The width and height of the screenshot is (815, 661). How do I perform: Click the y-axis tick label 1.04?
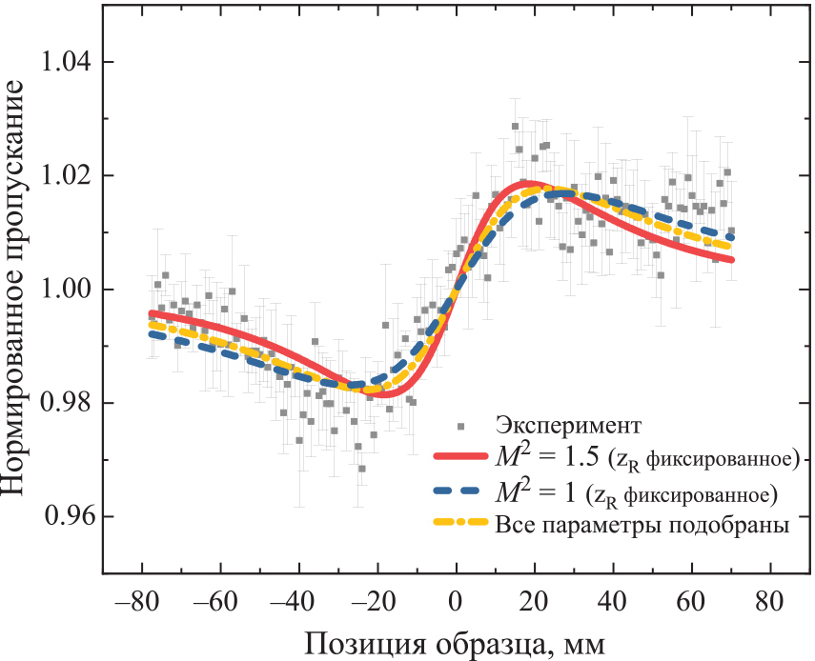click(x=65, y=63)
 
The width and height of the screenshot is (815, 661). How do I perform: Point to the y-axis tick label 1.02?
click(x=65, y=176)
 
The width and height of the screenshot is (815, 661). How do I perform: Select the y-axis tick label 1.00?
click(x=65, y=290)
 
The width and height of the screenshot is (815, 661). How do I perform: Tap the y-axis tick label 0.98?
click(x=65, y=403)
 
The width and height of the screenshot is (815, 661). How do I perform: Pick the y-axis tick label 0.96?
click(x=65, y=516)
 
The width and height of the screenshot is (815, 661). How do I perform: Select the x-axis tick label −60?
click(x=214, y=602)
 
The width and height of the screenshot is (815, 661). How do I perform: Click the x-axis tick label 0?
click(x=456, y=602)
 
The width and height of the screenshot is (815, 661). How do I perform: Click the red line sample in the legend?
click(x=460, y=458)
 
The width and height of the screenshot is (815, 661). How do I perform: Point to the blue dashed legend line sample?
click(x=460, y=492)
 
